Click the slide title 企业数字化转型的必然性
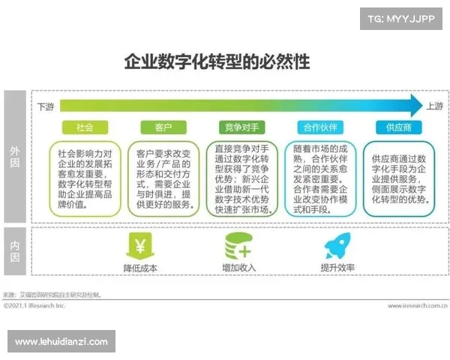[216, 61]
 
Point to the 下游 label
[46, 106]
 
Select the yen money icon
[139, 245]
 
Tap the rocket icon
[337, 245]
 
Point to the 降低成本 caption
[139, 268]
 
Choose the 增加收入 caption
[238, 268]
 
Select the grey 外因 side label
[14, 157]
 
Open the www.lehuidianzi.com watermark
[61, 342]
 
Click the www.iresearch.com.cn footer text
[418, 306]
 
